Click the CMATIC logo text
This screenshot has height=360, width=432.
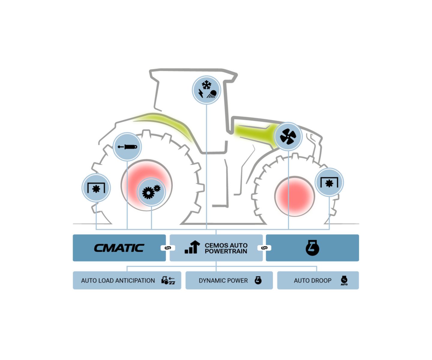(119, 248)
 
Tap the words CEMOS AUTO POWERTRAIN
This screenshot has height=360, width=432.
(226, 248)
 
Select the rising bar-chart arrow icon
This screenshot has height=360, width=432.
(192, 247)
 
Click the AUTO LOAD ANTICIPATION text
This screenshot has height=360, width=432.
(118, 280)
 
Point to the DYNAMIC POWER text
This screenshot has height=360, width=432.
(223, 280)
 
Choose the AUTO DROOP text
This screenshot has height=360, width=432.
(313, 280)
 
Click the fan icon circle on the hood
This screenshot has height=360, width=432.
(288, 136)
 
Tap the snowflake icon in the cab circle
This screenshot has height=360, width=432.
(206, 85)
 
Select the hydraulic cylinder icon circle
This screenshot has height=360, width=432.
(127, 147)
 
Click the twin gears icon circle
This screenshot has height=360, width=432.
(151, 192)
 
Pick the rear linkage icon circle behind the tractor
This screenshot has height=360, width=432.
(96, 188)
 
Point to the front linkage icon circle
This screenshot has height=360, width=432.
(329, 182)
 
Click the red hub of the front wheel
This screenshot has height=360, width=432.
(295, 196)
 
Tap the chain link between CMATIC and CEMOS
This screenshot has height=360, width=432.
(168, 248)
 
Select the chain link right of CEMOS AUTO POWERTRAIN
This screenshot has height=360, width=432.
(264, 248)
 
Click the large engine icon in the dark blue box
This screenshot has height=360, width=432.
(312, 248)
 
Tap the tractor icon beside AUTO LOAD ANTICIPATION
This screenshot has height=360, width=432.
(168, 280)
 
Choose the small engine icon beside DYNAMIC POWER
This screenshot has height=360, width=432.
(258, 280)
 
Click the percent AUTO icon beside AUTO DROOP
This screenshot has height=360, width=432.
(344, 280)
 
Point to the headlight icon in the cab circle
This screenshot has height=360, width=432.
(212, 94)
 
